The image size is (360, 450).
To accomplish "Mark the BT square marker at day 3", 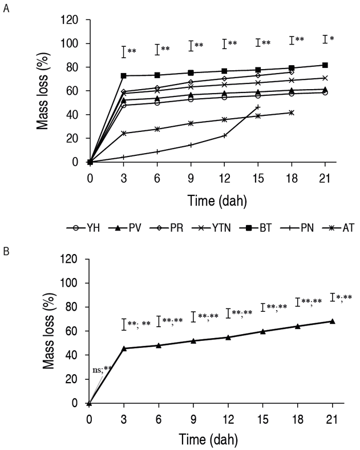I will (124, 75).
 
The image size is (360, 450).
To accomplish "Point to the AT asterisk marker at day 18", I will (292, 112).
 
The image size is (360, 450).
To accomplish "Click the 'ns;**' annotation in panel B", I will (101, 370).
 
